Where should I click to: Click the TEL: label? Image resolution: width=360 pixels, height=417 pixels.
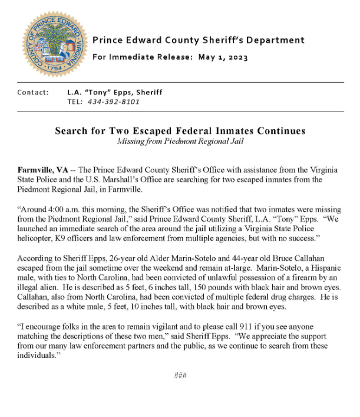[x=75, y=101]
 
